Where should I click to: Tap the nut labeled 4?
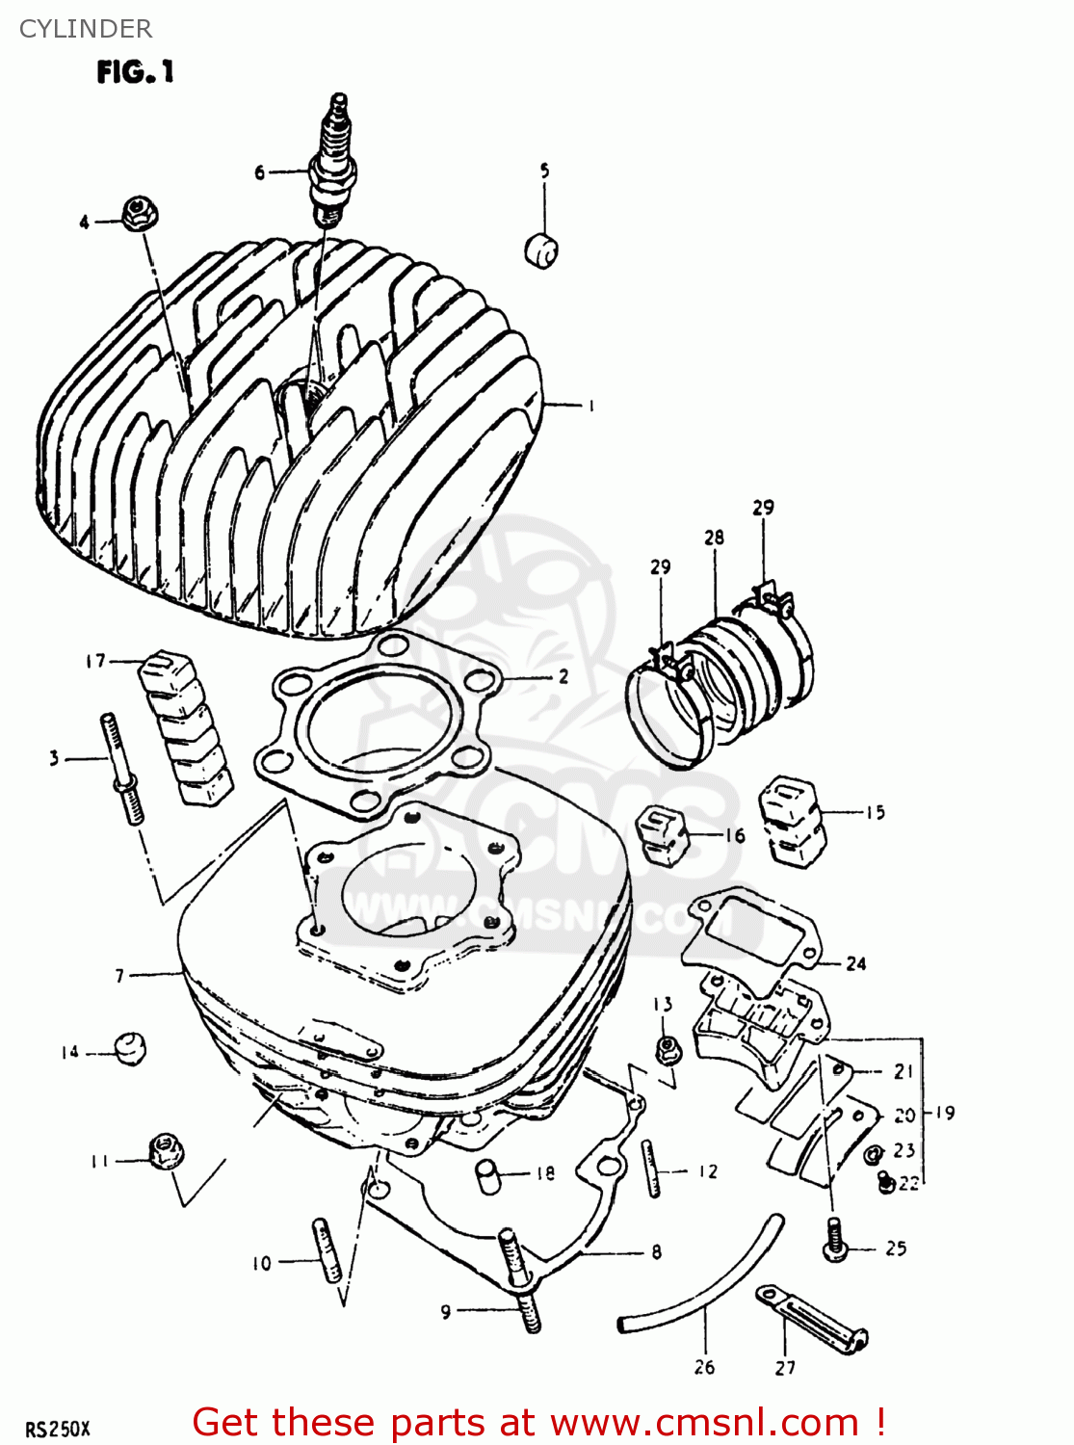coord(141,214)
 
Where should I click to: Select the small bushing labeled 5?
coord(542,250)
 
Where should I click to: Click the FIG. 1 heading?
coord(135,72)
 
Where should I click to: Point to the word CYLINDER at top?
coord(86,29)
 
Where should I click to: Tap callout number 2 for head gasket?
coord(563,676)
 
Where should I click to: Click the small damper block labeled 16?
coord(661,832)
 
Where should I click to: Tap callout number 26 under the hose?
coord(704,1366)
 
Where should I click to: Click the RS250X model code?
coord(58,1429)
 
